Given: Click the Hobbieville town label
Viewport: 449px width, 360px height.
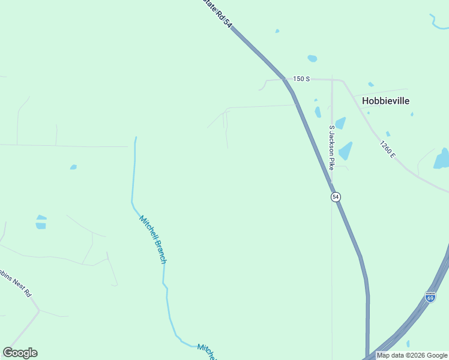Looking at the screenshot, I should point(386,101).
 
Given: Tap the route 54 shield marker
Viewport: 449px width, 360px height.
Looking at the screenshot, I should point(336,197).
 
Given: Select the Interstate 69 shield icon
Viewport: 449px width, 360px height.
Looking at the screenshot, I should point(430,297).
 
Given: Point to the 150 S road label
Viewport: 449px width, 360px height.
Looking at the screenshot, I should point(301,79).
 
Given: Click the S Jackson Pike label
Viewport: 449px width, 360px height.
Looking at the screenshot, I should point(331,147).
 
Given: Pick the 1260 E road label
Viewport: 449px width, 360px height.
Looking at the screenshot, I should point(387,149).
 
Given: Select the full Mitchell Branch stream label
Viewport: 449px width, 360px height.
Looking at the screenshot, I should point(152,239).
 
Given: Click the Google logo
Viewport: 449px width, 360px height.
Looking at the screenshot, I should point(20,353).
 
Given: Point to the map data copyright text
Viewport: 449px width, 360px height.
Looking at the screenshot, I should point(412,355).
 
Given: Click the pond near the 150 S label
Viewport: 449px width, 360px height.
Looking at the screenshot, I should point(312,58).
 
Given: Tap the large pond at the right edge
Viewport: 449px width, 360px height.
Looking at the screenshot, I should point(442,158).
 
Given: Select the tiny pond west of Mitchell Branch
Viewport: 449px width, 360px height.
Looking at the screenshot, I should point(73,167).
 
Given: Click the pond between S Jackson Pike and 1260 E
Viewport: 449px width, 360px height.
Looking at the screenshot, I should point(345,151).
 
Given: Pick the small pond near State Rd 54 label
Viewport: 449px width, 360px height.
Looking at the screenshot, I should point(277,31).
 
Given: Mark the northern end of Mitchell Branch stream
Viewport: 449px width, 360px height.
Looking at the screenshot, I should point(136,139).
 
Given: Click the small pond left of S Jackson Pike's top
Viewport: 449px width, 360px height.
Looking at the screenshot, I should point(318,112).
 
